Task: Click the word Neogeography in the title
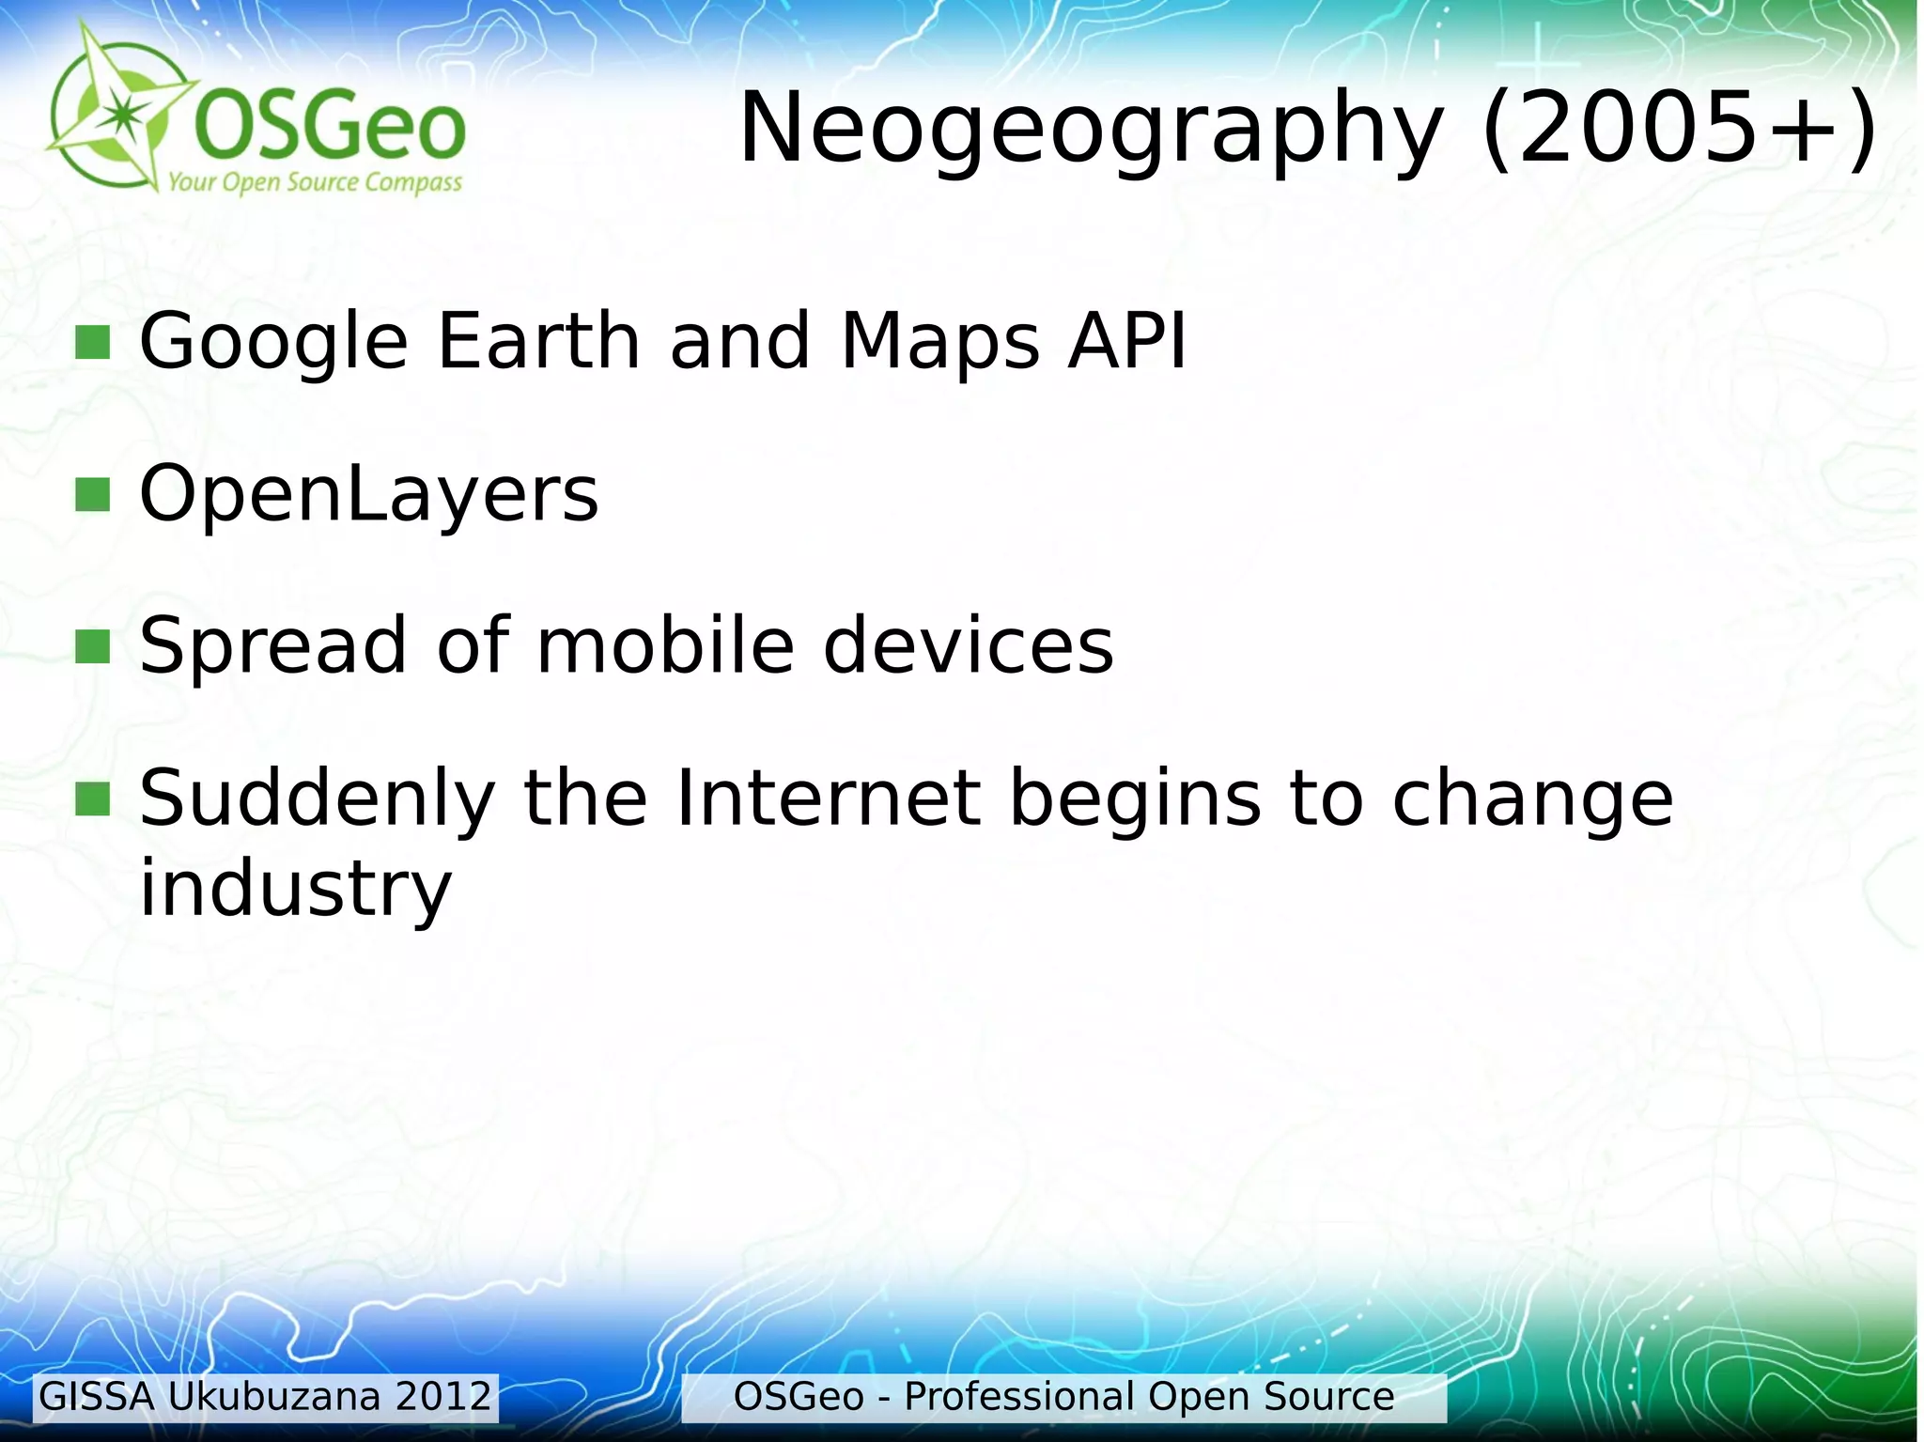1091,129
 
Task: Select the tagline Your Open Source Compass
315,181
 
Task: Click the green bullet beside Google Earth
92,343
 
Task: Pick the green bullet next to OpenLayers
92,495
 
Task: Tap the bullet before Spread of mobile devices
92,646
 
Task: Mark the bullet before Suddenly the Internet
92,799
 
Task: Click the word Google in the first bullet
273,342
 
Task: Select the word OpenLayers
368,495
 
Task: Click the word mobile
665,645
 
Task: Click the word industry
296,889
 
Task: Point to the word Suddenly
317,800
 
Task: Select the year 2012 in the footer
443,1397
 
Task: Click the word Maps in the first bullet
940,342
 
